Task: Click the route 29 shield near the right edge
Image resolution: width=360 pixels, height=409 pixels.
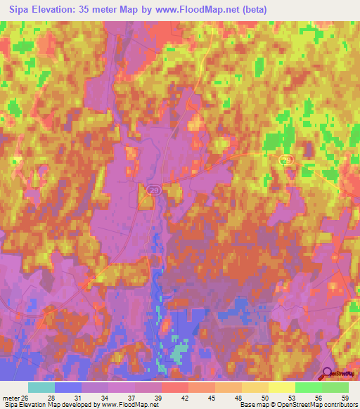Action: click(285, 161)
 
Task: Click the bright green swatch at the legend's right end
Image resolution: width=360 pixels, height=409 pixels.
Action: click(335, 387)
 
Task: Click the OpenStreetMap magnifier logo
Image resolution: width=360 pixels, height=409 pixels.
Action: click(327, 374)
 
